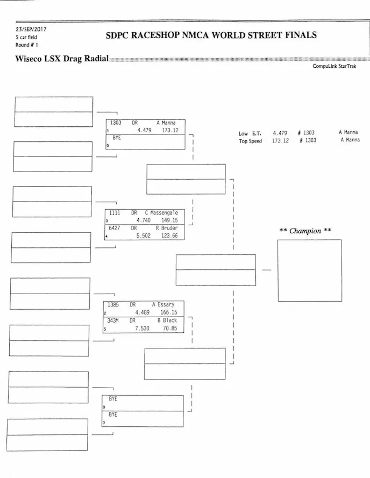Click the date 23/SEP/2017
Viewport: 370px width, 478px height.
[x=31, y=30]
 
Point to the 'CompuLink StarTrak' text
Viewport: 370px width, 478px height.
[x=334, y=66]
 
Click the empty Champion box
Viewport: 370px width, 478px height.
[x=309, y=270]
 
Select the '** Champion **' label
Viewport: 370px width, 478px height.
[x=305, y=231]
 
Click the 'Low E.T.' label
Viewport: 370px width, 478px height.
[x=250, y=133]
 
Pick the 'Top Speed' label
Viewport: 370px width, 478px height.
[x=250, y=141]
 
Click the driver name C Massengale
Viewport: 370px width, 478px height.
[x=161, y=213]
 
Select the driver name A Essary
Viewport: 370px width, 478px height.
[x=163, y=304]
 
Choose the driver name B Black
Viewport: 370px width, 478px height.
[x=167, y=320]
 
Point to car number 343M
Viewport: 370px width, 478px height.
[x=113, y=320]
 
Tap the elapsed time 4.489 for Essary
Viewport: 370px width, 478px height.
[x=145, y=312]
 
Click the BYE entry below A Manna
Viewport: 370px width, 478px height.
[x=117, y=138]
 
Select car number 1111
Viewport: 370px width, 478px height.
[x=115, y=213]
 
